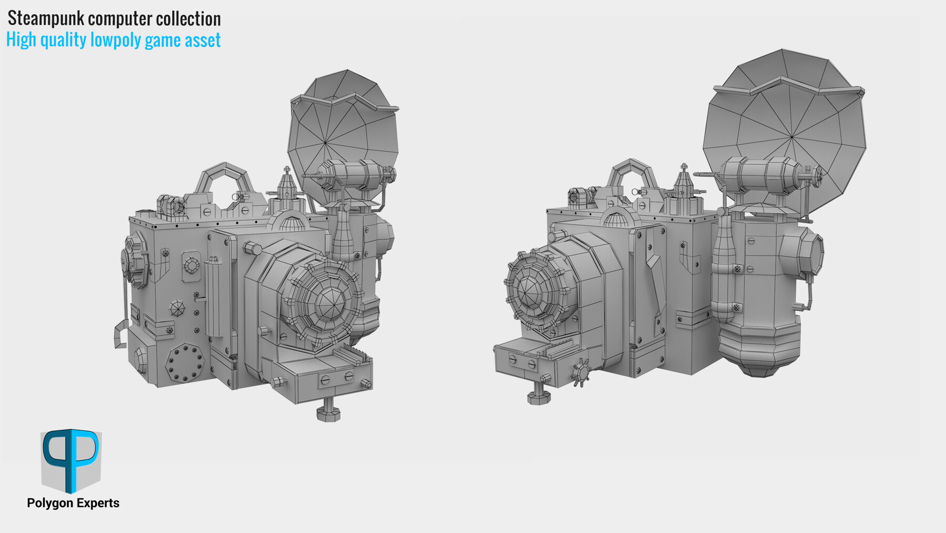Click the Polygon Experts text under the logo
[x=73, y=503]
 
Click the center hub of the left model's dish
[x=325, y=142]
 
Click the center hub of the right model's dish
[x=791, y=137]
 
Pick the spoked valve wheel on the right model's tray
[x=581, y=372]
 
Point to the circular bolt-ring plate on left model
[x=184, y=362]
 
